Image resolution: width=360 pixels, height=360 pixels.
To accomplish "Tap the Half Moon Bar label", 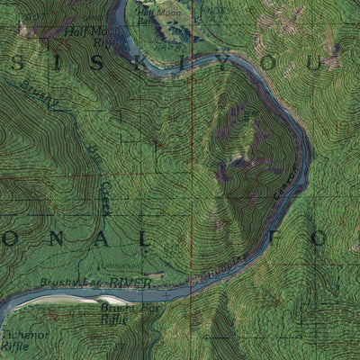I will pos(163,15).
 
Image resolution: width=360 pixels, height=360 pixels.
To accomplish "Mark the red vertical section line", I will pos(193,180).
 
